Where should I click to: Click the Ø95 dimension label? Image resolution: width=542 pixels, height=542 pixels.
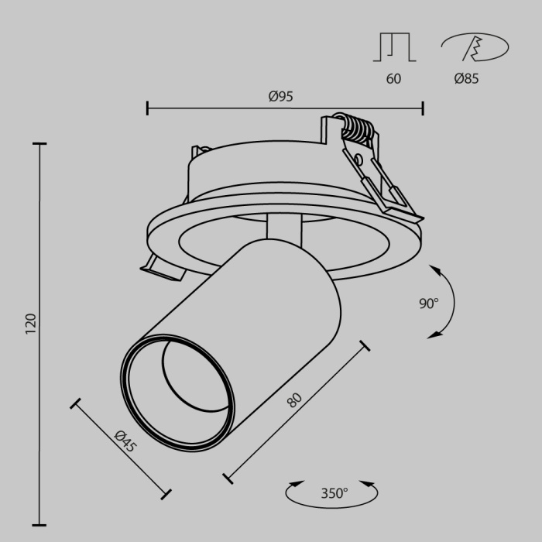(x=280, y=97)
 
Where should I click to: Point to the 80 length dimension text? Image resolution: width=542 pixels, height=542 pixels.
(x=294, y=400)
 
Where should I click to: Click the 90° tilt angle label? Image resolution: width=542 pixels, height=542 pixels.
(x=429, y=304)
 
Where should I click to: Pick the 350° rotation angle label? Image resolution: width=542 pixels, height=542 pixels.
(x=334, y=492)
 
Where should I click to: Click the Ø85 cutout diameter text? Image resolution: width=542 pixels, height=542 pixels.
(x=466, y=78)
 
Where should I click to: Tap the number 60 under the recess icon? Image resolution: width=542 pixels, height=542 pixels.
(x=393, y=78)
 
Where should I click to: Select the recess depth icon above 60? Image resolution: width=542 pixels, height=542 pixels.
(x=394, y=47)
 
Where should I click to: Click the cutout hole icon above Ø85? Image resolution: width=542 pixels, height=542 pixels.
(x=474, y=47)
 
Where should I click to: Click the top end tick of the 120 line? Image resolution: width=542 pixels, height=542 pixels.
(x=39, y=143)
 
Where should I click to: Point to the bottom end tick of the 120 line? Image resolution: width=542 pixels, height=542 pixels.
(x=39, y=524)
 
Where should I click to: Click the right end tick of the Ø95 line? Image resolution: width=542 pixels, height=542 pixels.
(x=423, y=108)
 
